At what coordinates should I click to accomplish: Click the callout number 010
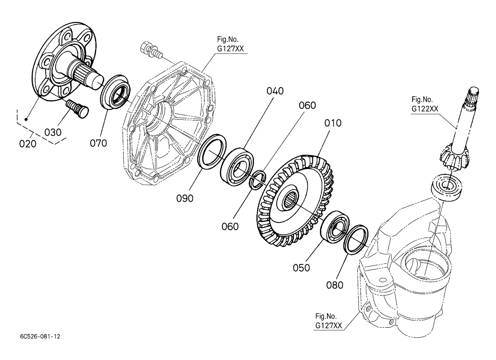pos(333,123)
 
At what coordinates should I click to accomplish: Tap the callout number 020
pos(28,144)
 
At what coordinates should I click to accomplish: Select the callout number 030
pos(53,132)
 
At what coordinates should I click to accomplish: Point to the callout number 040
pos(275,91)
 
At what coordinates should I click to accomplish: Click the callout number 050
pos(301,268)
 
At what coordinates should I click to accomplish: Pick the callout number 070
pos(98,143)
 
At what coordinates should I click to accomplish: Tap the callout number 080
pos(335,285)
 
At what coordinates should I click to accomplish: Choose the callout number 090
pos(185,199)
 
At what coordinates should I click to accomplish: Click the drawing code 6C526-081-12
pos(40,337)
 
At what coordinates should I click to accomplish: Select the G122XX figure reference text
pos(425,109)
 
